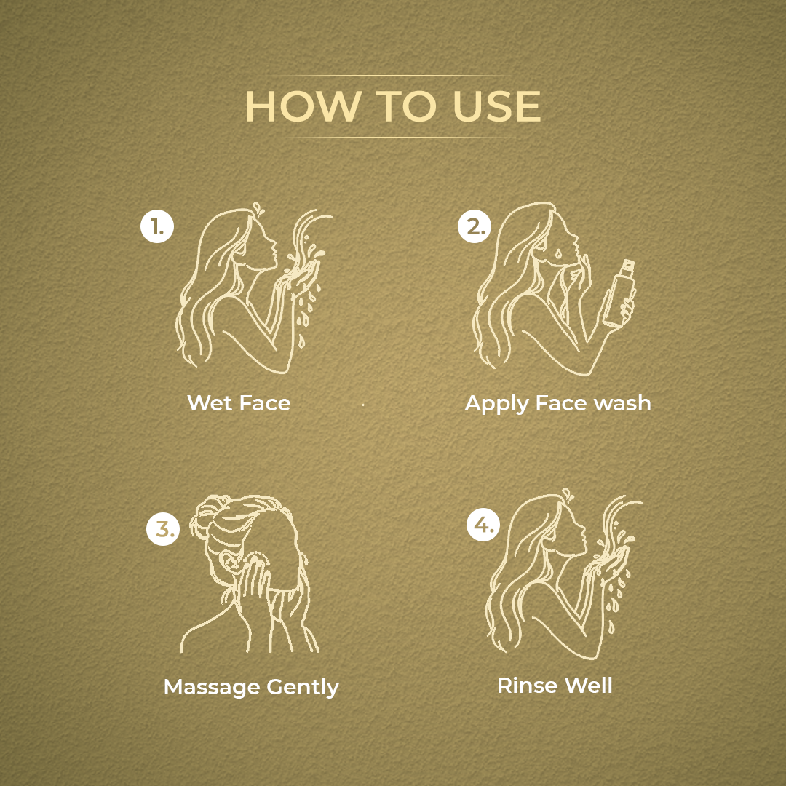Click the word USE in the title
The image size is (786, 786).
point(497,106)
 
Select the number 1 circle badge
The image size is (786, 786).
point(157,226)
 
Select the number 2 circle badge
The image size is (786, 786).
point(475,226)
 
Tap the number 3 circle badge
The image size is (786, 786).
point(163,528)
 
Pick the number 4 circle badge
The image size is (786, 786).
point(483,525)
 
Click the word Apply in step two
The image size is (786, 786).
point(496,404)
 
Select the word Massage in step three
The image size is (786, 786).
point(212,688)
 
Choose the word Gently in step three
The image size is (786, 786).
point(303,687)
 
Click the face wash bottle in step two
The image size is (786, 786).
point(619,293)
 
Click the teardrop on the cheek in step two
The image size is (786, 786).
point(558,253)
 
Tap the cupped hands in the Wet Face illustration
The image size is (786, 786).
point(301,279)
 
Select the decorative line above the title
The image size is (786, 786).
point(394,76)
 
